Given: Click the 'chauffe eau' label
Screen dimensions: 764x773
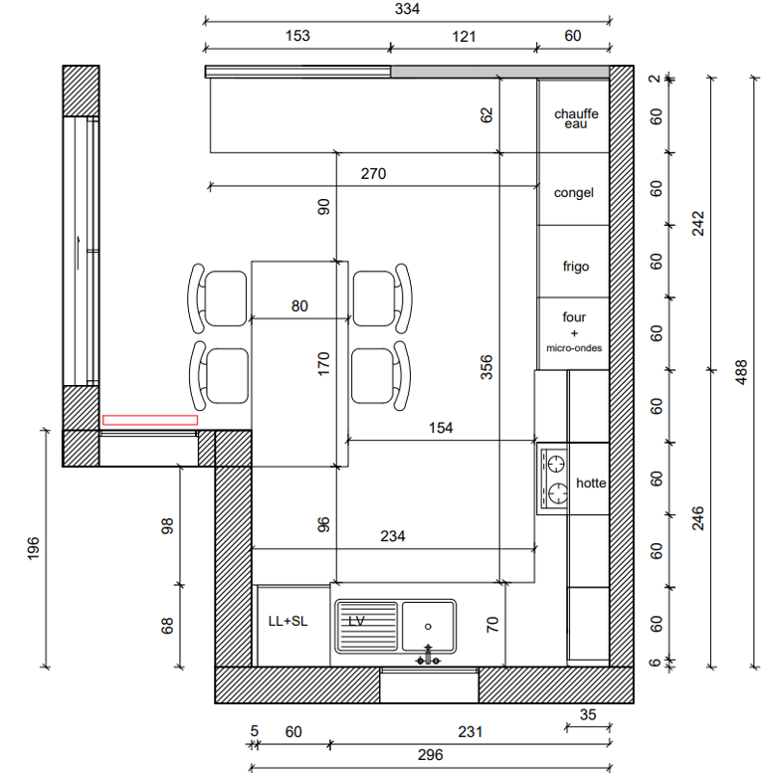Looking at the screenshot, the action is (x=576, y=118).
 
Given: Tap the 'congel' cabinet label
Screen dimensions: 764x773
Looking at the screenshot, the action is (x=574, y=193).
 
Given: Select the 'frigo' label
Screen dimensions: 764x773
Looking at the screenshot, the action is (x=576, y=267).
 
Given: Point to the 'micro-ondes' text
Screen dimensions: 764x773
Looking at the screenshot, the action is (x=574, y=348).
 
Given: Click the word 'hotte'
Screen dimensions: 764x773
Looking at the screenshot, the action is (x=591, y=483).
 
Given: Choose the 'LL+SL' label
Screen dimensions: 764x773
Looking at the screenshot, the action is (x=287, y=621).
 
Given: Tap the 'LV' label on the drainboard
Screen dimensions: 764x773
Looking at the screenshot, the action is (x=356, y=621).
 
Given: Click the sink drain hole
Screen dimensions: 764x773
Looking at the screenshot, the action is (x=428, y=627).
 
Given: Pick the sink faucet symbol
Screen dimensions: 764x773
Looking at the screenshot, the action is (x=428, y=656).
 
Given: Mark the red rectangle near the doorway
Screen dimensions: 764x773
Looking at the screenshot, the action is (x=150, y=420).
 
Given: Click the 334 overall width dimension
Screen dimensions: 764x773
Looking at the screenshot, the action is (x=407, y=9).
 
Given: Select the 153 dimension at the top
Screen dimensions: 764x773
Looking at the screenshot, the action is (x=297, y=36).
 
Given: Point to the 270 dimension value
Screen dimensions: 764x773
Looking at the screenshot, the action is (x=373, y=174).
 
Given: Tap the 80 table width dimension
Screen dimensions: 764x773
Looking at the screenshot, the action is (x=299, y=306).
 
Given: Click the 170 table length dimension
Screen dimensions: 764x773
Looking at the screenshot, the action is (x=323, y=364).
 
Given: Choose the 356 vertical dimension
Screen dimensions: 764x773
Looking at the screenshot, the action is (x=486, y=367).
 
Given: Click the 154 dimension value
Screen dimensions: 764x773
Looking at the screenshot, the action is (x=441, y=428).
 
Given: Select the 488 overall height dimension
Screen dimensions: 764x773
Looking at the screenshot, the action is (x=741, y=372).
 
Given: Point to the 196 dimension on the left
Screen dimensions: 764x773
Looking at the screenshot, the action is (x=33, y=549).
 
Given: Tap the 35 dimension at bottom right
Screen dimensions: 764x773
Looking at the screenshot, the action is (x=588, y=715).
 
